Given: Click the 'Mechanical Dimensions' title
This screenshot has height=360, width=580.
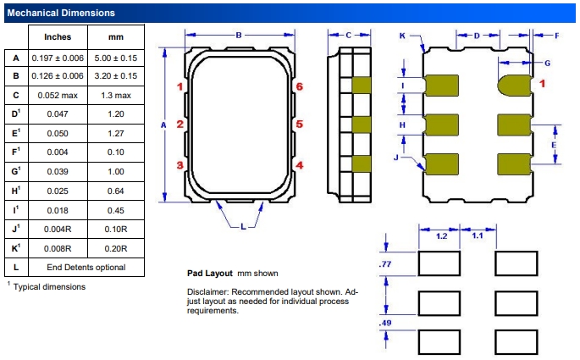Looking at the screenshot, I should (60, 13).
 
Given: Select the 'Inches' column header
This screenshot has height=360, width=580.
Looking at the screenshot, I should (58, 37).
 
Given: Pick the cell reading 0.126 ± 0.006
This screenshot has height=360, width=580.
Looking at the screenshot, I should (58, 77).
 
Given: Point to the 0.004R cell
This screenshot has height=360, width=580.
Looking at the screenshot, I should (58, 230).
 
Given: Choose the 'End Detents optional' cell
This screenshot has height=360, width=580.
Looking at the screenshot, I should (86, 267).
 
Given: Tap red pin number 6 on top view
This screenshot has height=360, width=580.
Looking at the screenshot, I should (300, 86).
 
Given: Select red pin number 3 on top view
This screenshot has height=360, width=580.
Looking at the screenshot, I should (180, 165).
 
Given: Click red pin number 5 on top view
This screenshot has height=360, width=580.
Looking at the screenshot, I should (300, 125).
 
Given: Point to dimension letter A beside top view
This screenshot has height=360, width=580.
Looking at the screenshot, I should (162, 125).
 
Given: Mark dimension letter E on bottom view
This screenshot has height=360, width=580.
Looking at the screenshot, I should (553, 145).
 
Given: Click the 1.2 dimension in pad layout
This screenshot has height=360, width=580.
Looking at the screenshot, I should (440, 236).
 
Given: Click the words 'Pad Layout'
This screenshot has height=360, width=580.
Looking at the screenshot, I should (210, 274).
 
